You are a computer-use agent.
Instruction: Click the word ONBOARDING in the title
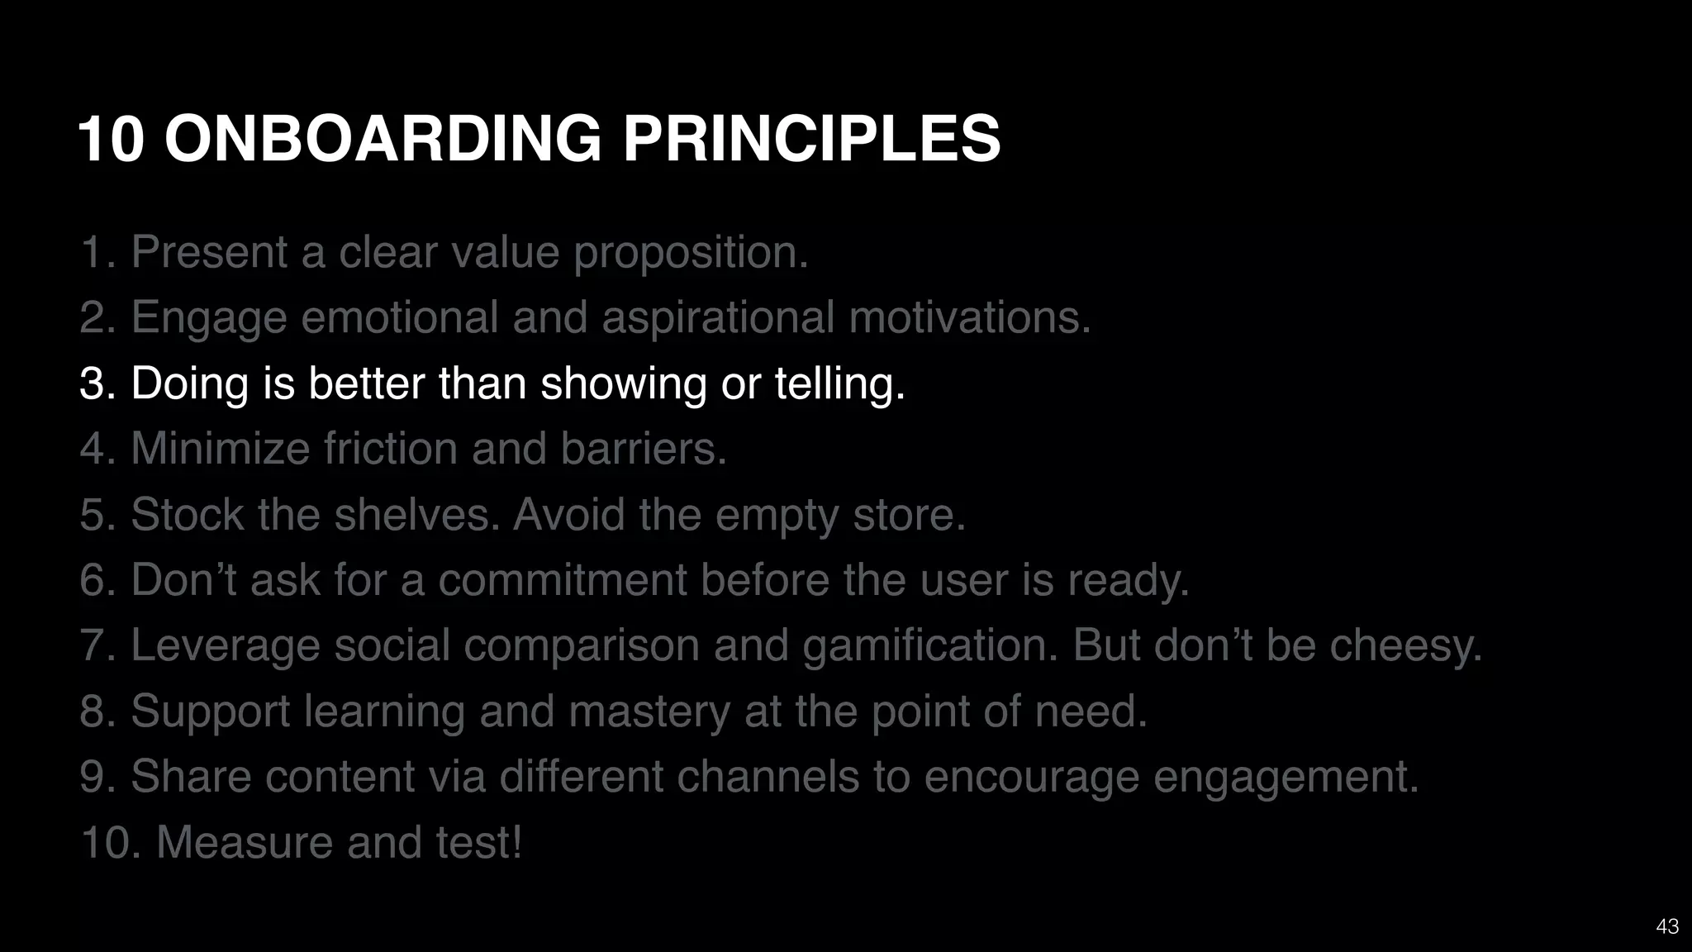(383, 138)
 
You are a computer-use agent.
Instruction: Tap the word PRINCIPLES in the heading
(811, 138)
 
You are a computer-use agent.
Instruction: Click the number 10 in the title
(111, 138)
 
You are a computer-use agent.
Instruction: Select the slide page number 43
(1667, 926)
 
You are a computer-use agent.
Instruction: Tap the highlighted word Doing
(190, 384)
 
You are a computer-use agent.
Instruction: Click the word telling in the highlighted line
(839, 384)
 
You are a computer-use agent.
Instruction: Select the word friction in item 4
(390, 449)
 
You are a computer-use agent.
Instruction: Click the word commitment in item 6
(562, 580)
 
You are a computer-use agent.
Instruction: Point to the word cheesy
(1405, 645)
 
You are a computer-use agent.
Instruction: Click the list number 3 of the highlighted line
(97, 384)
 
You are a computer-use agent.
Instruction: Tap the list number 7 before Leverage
(97, 645)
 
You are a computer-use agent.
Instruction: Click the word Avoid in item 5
(568, 515)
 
